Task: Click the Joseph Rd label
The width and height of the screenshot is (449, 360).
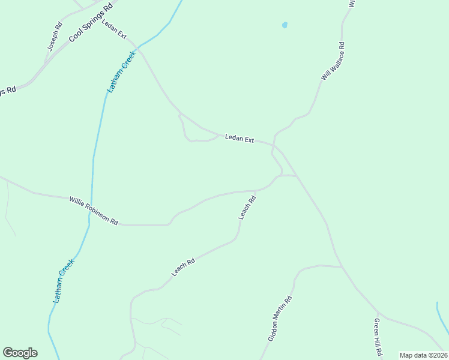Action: click(55, 37)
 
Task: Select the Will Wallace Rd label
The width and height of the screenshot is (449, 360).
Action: click(333, 61)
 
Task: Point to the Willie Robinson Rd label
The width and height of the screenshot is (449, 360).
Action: click(93, 211)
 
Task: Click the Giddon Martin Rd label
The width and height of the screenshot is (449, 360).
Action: click(280, 319)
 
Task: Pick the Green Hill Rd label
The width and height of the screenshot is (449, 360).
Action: click(378, 337)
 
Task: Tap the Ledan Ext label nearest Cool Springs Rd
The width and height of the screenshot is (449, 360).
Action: click(114, 30)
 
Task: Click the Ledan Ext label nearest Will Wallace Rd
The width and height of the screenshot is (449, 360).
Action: click(240, 139)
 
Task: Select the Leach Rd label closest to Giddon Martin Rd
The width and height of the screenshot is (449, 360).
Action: click(184, 267)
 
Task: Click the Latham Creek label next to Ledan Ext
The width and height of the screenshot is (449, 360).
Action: click(122, 70)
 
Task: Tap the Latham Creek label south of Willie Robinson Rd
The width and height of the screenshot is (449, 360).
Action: click(64, 280)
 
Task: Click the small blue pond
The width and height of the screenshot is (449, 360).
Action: click(285, 25)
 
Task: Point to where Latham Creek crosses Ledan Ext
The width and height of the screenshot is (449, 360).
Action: click(137, 46)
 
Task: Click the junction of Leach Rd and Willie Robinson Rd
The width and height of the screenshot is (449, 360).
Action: click(256, 191)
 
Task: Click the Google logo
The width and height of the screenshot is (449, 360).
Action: click(20, 353)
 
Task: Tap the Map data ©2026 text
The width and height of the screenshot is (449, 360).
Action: click(423, 355)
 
